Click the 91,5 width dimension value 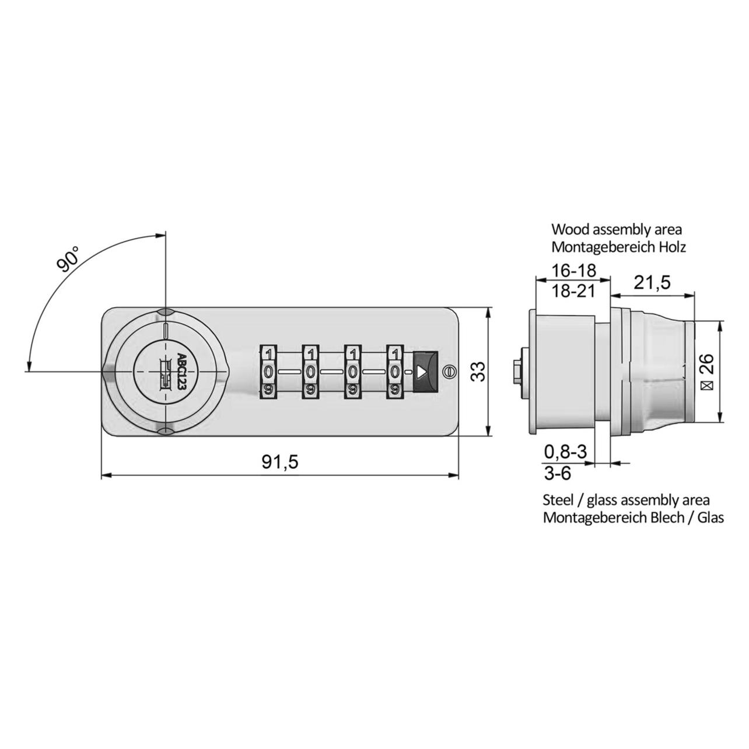280,462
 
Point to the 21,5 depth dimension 652,282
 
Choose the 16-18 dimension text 573,271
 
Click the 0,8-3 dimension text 565,452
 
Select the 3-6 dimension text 558,473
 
